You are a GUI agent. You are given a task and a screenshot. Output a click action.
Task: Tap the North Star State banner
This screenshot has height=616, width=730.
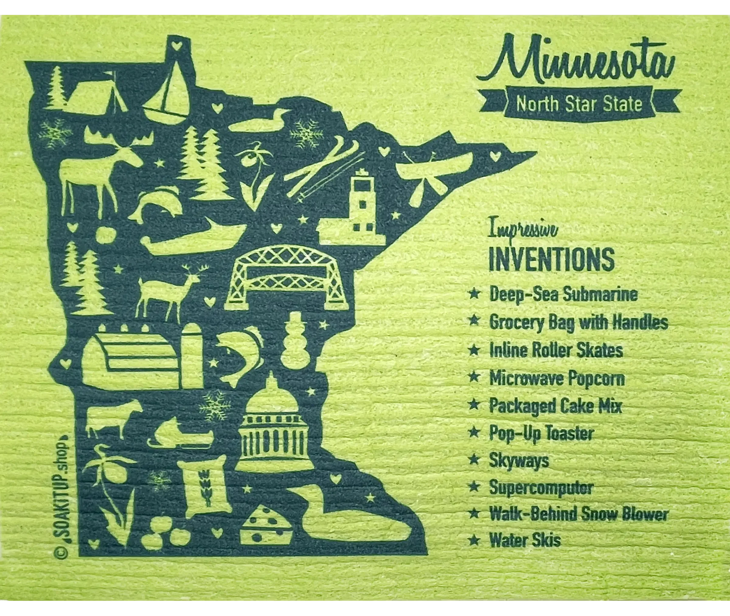pyautogui.click(x=579, y=104)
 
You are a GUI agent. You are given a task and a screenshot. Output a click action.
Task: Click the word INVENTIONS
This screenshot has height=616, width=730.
pyautogui.click(x=552, y=259)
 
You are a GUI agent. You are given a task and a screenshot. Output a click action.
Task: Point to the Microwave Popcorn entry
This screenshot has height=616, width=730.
pyautogui.click(x=557, y=378)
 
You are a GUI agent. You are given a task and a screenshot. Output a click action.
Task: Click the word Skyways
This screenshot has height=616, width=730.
pyautogui.click(x=519, y=461)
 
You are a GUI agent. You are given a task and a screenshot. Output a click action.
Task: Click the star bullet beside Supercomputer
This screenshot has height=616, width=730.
pyautogui.click(x=474, y=486)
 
